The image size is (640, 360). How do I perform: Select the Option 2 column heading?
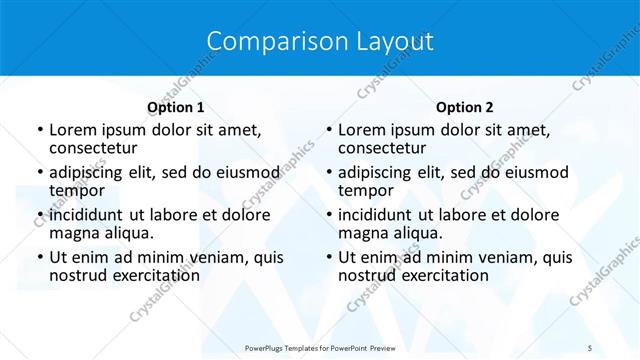tap(464, 107)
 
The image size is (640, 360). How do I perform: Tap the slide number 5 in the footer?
tap(590, 347)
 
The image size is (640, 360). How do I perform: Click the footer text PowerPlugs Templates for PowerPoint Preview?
tap(319, 347)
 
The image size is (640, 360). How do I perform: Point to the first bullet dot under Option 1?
tap(39, 130)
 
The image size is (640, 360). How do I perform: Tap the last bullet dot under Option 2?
tap(328, 257)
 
